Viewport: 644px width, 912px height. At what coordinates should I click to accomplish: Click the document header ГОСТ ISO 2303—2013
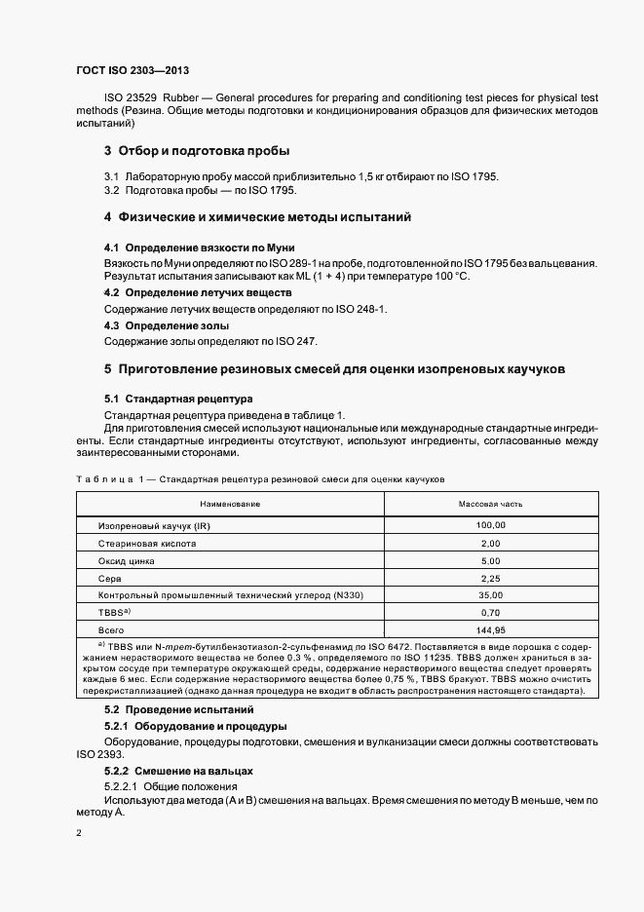[x=132, y=72]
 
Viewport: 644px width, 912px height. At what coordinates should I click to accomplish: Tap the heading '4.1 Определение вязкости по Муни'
[x=199, y=248]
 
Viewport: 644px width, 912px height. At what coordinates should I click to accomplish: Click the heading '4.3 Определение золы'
[x=167, y=325]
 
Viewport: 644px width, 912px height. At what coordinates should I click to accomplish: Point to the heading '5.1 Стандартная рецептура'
[x=177, y=399]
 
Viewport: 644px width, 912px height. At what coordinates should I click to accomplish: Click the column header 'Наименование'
[x=230, y=504]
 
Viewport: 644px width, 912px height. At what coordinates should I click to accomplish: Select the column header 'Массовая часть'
[x=490, y=504]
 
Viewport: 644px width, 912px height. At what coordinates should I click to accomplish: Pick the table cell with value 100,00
[x=490, y=526]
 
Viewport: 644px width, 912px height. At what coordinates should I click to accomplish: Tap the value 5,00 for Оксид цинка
[x=490, y=561]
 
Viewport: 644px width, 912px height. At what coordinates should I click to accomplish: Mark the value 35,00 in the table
[x=490, y=595]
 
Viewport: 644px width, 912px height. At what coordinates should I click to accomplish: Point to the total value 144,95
[x=490, y=630]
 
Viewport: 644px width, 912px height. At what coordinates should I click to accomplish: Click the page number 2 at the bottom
[x=79, y=834]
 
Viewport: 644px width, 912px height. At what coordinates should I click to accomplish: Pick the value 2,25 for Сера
[x=490, y=579]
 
